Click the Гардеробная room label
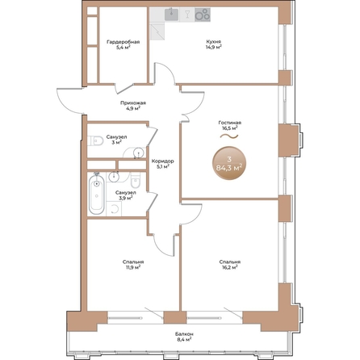pyautogui.click(x=123, y=42)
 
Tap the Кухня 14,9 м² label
pyautogui.click(x=214, y=44)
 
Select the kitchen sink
pyautogui.click(x=171, y=15)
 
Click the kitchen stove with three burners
pyautogui.click(x=203, y=15)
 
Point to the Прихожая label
pyautogui.click(x=133, y=103)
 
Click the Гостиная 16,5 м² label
pyautogui.click(x=230, y=125)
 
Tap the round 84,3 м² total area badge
pyautogui.click(x=229, y=163)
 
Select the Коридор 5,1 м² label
pyautogui.click(x=163, y=164)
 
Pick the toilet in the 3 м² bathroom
pyautogui.click(x=96, y=140)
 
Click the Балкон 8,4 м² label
pyautogui.click(x=184, y=337)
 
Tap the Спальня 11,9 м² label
pyautogui.click(x=133, y=265)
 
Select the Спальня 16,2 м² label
pyautogui.click(x=230, y=265)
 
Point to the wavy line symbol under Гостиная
pyautogui.click(x=229, y=136)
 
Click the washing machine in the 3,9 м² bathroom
pyautogui.click(x=114, y=208)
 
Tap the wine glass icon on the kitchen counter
pyautogui.click(x=187, y=14)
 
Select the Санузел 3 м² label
pyautogui.click(x=116, y=140)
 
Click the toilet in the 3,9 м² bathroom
pyautogui.click(x=136, y=181)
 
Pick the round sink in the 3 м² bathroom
pyautogui.click(x=138, y=153)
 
